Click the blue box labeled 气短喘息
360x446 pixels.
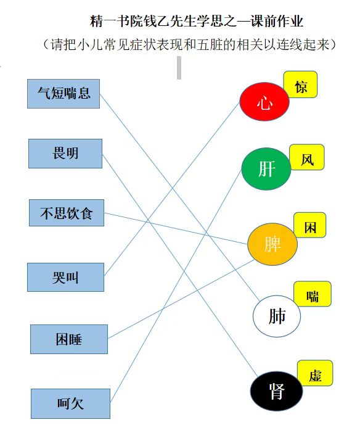pyautogui.click(x=63, y=94)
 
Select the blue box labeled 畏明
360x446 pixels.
pyautogui.click(x=65, y=154)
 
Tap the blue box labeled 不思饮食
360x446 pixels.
pyautogui.click(x=67, y=213)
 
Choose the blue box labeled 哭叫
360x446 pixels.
pyautogui.click(x=65, y=278)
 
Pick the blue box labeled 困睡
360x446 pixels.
pyautogui.click(x=69, y=339)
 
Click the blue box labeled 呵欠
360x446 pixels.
pyautogui.click(x=70, y=403)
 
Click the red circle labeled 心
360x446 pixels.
pyautogui.click(x=264, y=102)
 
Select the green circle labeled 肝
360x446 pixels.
pyautogui.click(x=266, y=168)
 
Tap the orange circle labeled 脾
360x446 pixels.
pyautogui.click(x=272, y=244)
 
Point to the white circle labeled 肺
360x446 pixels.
pyautogui.click(x=277, y=316)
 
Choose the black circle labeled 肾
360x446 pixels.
pyautogui.click(x=276, y=391)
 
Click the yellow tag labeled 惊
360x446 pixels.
pyautogui.click(x=301, y=85)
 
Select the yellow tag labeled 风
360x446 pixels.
pyautogui.click(x=307, y=157)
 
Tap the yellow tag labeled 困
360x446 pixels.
pyautogui.click(x=310, y=225)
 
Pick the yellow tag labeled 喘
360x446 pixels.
pyautogui.click(x=313, y=294)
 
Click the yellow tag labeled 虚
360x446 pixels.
pyautogui.click(x=315, y=373)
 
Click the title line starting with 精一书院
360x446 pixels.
pyautogui.click(x=197, y=22)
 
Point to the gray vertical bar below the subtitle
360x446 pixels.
pyautogui.click(x=179, y=68)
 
